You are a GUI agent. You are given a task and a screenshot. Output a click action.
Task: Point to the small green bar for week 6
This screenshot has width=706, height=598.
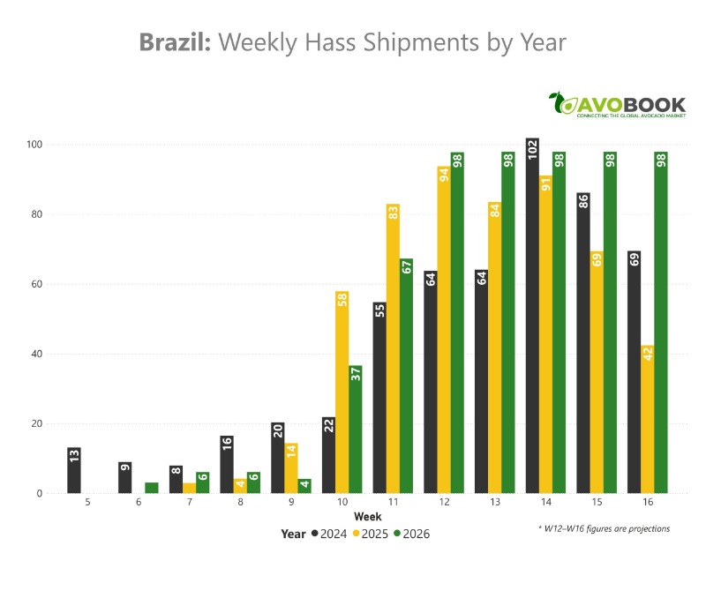point(152,488)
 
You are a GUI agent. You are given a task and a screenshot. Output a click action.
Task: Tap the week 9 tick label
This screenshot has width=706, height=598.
point(291,503)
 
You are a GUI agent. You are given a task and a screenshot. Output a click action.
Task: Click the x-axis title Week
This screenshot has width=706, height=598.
point(368,516)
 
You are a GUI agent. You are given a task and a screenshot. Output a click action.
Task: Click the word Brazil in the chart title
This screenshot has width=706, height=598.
point(175,42)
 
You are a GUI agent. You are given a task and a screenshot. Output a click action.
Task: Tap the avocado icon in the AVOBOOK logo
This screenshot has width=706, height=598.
point(560,104)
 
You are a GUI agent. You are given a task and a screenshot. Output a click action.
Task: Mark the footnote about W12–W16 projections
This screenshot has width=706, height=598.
point(604,528)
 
